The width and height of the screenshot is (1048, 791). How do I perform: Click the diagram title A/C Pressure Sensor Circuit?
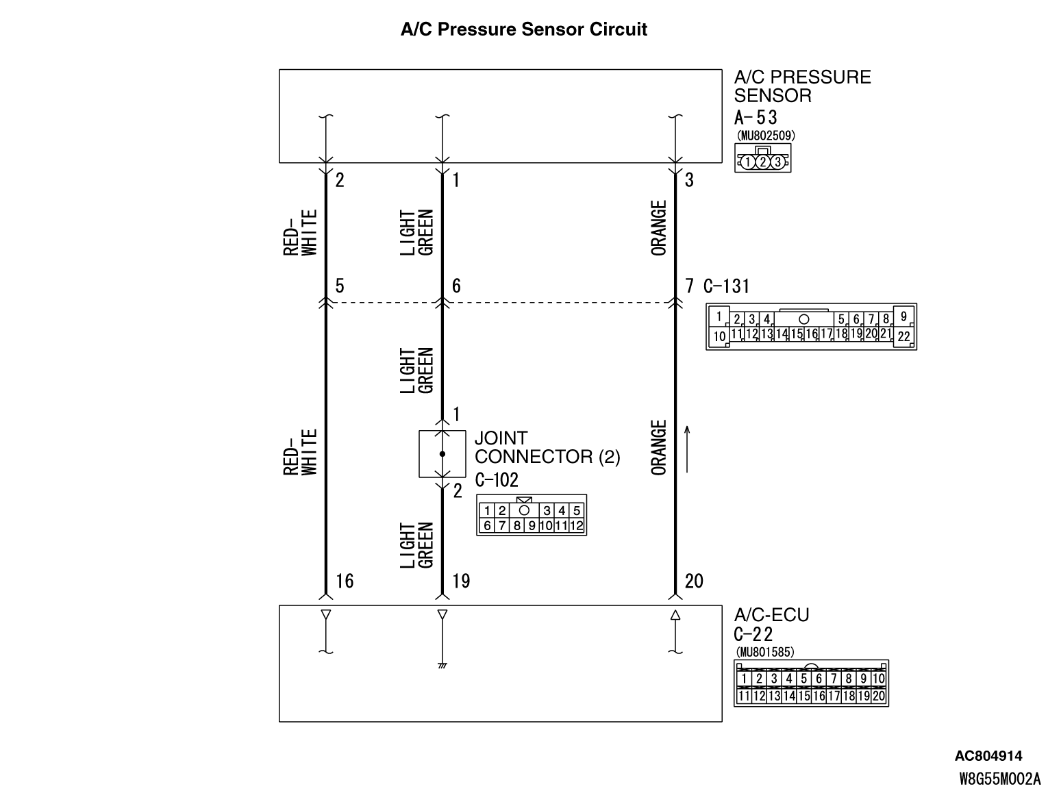[x=524, y=29]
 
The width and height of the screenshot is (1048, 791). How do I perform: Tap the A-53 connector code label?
[x=756, y=117]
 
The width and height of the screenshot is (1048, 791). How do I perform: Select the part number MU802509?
[x=765, y=136]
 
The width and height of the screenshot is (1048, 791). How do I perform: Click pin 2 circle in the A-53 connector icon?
[x=762, y=162]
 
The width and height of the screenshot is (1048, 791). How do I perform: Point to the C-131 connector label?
[x=727, y=286]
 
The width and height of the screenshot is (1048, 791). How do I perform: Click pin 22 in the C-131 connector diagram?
[x=904, y=336]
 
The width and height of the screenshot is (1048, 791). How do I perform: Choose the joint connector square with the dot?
[x=442, y=454]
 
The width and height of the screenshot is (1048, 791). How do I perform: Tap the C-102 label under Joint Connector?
[x=497, y=479]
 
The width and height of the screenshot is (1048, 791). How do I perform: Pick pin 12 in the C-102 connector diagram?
[x=577, y=526]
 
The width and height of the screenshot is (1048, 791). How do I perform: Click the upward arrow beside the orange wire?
[x=688, y=448]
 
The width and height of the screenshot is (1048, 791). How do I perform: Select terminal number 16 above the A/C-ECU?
[x=345, y=581]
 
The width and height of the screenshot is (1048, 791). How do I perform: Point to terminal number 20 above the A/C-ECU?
[x=694, y=581]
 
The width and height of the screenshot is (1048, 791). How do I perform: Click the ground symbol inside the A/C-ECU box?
[x=442, y=665]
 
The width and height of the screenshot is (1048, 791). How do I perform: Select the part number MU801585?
[x=764, y=652]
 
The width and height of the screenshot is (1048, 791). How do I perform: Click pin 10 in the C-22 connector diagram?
[x=879, y=679]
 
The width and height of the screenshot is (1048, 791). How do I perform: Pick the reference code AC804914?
[x=988, y=756]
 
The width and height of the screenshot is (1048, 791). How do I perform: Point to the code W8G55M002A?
[x=999, y=778]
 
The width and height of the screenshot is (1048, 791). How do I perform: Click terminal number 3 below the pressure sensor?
[x=689, y=181]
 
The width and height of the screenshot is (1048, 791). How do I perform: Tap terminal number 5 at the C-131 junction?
[x=340, y=286]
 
